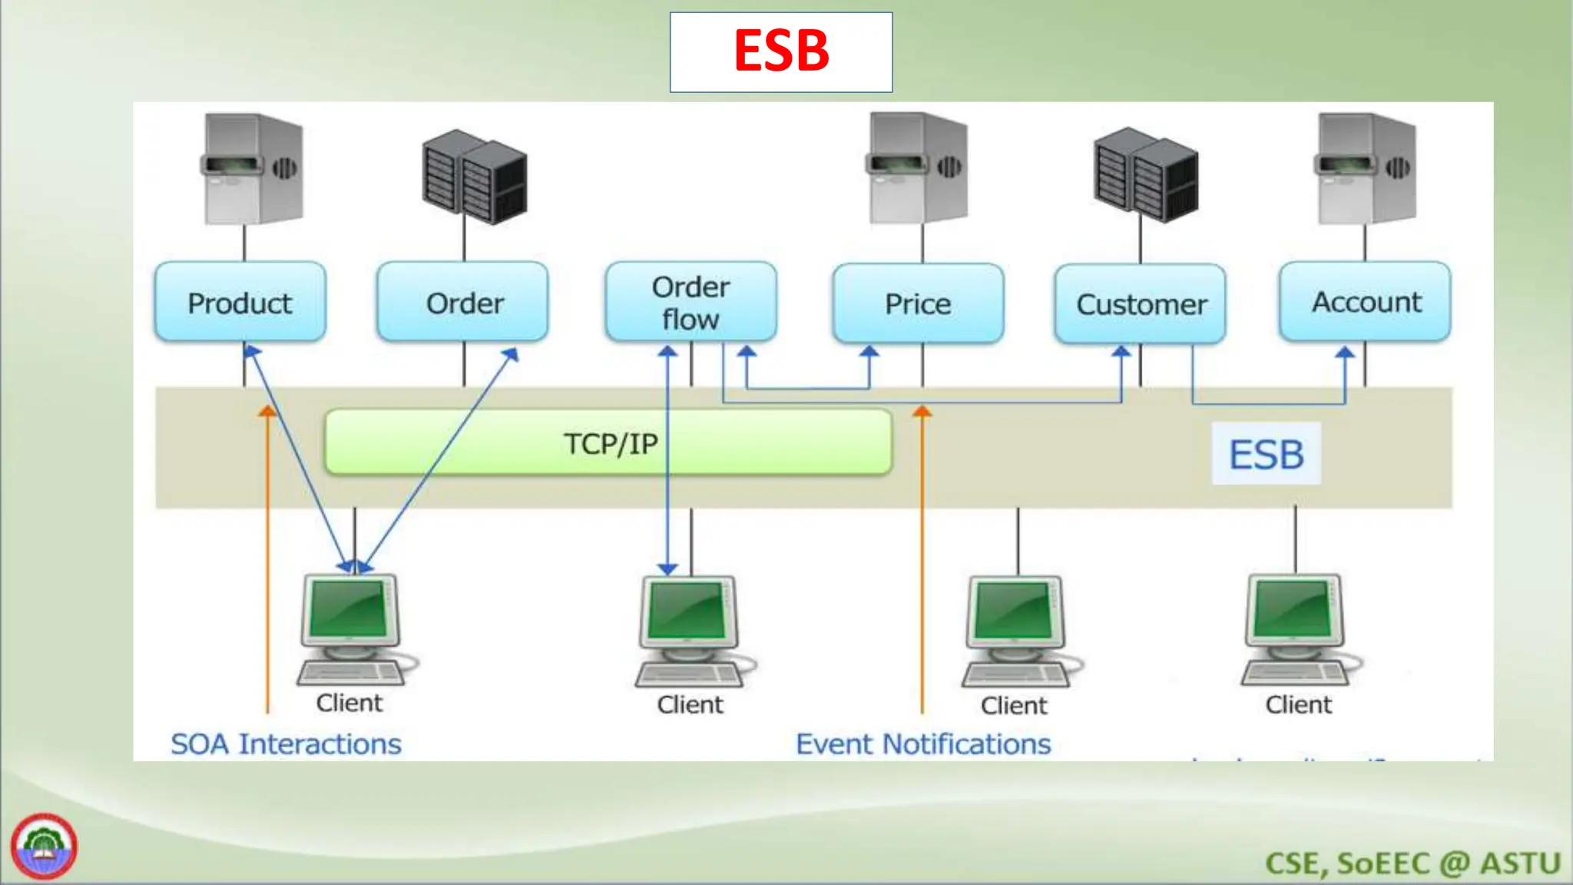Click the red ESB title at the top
point(781,51)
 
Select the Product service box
point(240,303)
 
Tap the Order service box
point(463,303)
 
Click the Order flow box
point(690,302)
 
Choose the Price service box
point(918,304)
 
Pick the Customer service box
point(1141,304)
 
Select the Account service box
point(1365,302)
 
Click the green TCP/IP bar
point(608,443)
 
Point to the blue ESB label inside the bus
point(1266,454)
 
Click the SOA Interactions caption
point(286,744)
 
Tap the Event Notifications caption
point(922,744)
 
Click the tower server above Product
point(253,168)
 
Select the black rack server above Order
point(474,177)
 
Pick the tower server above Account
point(1366,168)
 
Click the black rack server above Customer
point(1144,175)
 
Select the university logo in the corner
point(44,846)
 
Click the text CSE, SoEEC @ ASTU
point(1412,863)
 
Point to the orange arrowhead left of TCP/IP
point(267,411)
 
